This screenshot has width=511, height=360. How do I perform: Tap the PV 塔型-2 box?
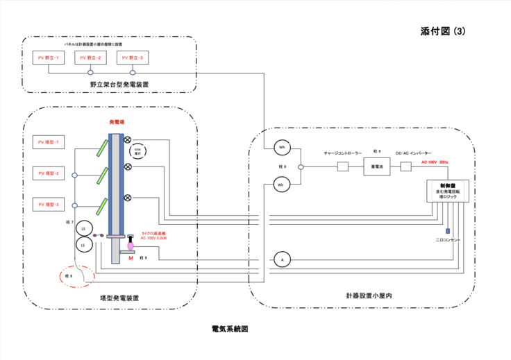click(49, 173)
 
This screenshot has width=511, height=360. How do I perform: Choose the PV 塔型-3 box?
click(49, 205)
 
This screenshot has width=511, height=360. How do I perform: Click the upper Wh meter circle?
click(281, 148)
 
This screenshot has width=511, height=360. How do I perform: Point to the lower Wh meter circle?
click(281, 185)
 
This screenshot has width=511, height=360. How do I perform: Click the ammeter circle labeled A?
click(280, 259)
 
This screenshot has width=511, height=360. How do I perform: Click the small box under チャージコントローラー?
click(342, 166)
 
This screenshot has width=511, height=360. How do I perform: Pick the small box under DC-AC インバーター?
click(412, 166)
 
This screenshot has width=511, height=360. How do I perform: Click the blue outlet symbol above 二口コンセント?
click(448, 231)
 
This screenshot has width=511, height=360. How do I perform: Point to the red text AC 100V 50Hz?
click(435, 162)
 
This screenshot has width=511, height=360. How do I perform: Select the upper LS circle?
click(83, 229)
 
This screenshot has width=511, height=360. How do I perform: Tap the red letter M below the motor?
click(131, 258)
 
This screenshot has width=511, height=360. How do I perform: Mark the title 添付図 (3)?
click(447, 32)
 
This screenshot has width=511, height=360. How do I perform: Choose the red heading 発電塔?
click(117, 123)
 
